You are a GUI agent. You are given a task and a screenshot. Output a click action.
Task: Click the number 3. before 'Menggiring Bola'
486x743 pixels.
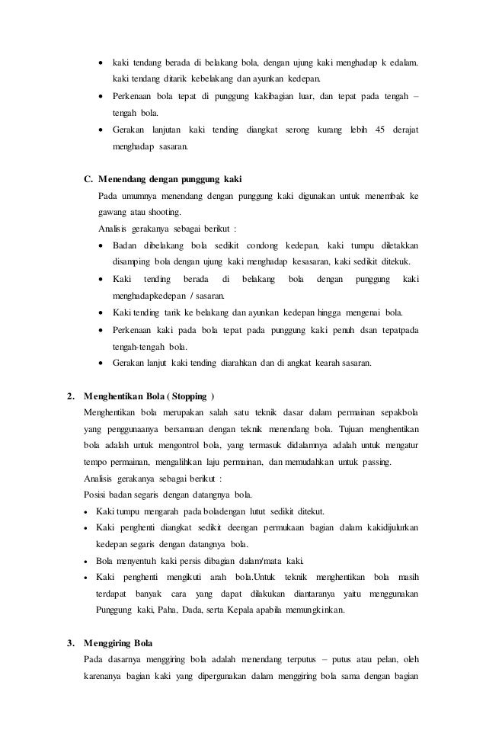pyautogui.click(x=71, y=644)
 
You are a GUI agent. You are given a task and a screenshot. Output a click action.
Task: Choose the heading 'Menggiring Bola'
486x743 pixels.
pyautogui.click(x=119, y=644)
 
